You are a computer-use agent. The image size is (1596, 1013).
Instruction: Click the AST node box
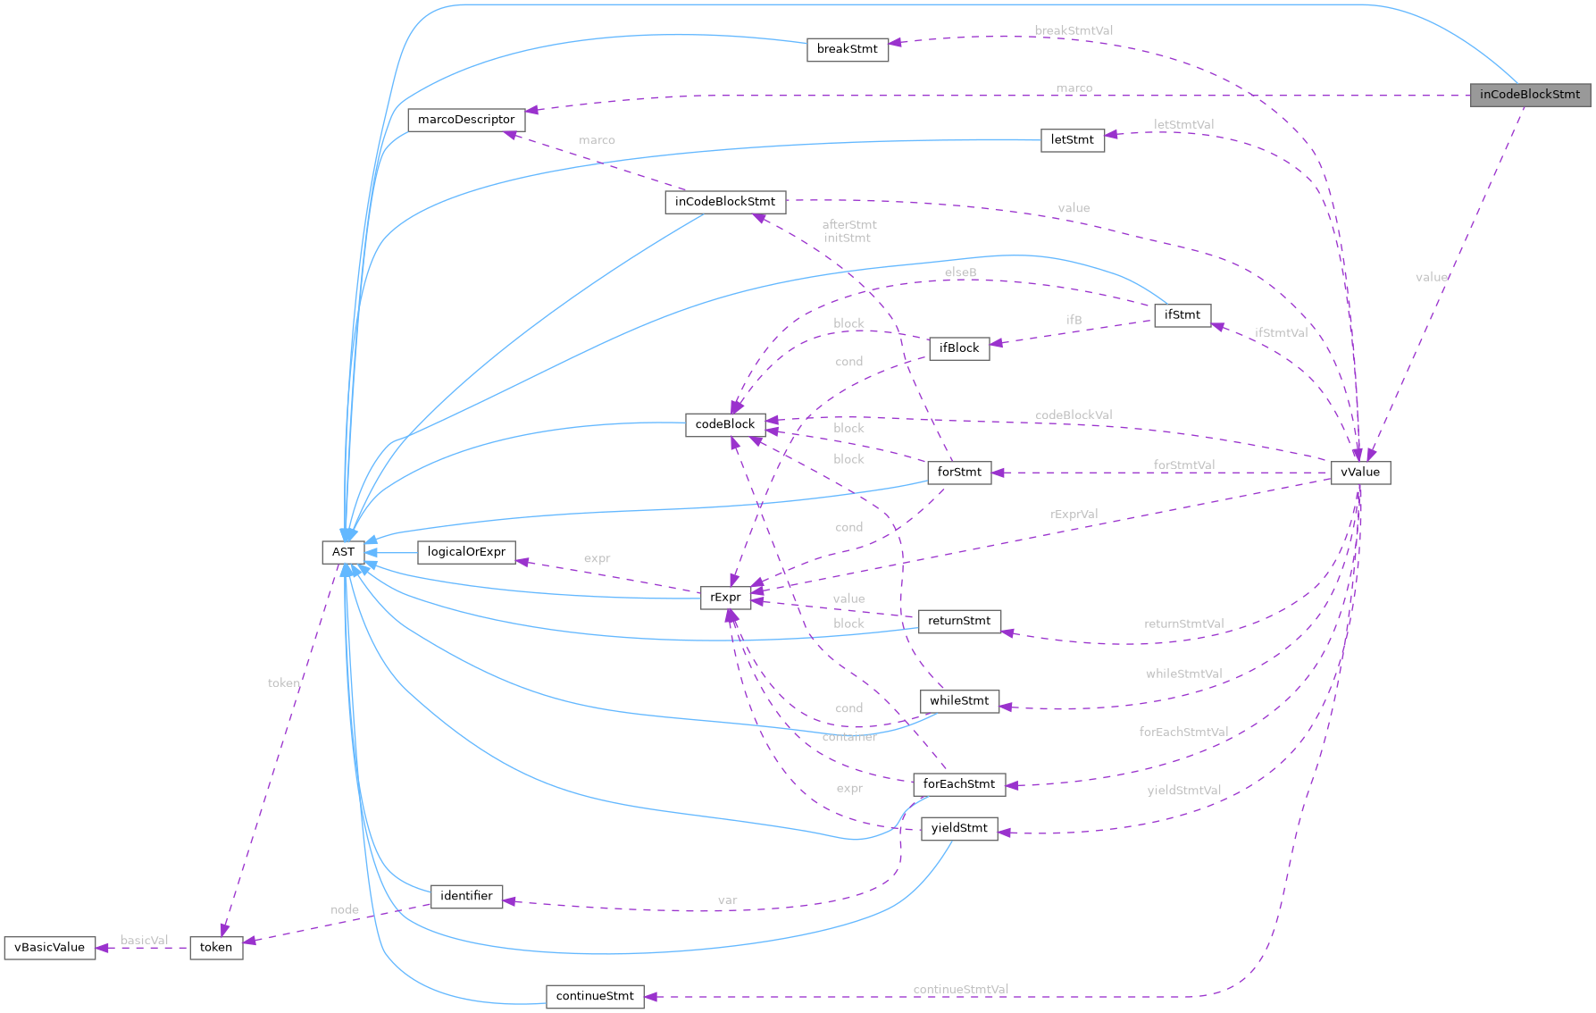(343, 552)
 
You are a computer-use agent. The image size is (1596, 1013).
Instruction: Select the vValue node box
(1359, 473)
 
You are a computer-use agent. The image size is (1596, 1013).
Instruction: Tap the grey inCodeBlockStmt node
(1529, 95)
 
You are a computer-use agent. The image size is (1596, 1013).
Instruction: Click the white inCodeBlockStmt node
(724, 202)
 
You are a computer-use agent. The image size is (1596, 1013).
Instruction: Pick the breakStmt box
(847, 49)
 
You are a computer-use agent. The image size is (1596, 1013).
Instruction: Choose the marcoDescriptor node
(466, 120)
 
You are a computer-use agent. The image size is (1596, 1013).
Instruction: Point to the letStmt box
(1072, 140)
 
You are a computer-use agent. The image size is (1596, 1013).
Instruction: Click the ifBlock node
(958, 348)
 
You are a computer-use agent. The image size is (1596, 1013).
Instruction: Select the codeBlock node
(724, 424)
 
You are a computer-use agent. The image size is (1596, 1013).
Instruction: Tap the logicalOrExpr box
(466, 552)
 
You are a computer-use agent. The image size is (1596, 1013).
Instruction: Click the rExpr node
(724, 598)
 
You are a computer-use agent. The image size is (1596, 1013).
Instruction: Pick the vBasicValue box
(50, 948)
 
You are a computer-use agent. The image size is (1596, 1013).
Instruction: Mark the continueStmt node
(594, 996)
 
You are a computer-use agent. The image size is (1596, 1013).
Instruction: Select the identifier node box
(466, 896)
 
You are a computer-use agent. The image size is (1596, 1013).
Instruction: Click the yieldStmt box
(958, 828)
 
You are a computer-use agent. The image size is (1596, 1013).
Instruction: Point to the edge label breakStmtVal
(1074, 30)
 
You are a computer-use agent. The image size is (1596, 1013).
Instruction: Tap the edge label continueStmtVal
(960, 989)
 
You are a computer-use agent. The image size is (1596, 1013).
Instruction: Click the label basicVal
(144, 940)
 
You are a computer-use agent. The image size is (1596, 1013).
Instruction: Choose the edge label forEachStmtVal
(1183, 732)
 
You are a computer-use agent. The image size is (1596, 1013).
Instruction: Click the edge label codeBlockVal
(1074, 414)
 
